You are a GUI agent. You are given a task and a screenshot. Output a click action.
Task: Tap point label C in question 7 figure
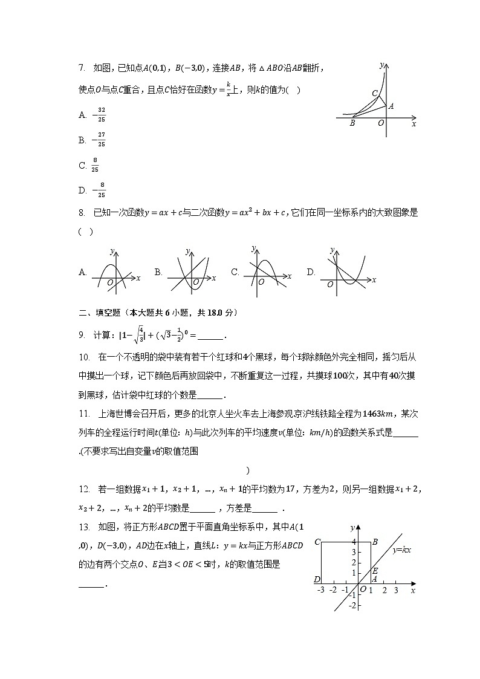(x=375, y=93)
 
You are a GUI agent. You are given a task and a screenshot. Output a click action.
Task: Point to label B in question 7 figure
(x=352, y=123)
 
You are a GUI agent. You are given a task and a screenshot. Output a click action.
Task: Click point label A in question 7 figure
(x=392, y=106)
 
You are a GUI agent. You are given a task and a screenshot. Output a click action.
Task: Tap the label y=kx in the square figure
(x=401, y=550)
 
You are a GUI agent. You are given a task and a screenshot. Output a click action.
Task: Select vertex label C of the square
(x=317, y=542)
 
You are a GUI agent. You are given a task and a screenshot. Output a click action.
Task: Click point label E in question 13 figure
(x=375, y=570)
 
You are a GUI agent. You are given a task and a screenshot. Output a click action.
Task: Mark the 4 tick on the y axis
(x=353, y=542)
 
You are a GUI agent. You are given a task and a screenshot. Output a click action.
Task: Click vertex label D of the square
(x=317, y=580)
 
